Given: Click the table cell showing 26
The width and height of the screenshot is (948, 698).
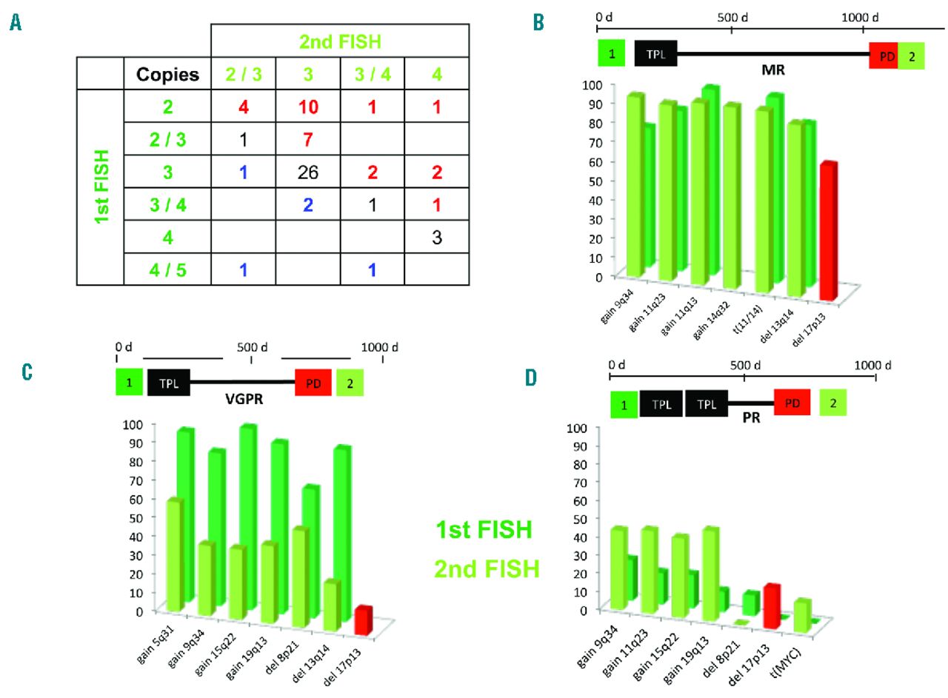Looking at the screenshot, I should (x=308, y=172).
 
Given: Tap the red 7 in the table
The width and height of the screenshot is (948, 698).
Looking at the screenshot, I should (x=308, y=138).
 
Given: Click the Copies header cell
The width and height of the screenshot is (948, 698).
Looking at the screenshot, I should (x=167, y=75).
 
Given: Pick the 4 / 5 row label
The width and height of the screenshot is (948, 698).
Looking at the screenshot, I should (x=167, y=270).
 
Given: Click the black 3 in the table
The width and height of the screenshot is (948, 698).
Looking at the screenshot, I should (x=437, y=237).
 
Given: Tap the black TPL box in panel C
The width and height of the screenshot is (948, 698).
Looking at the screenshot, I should (x=169, y=383).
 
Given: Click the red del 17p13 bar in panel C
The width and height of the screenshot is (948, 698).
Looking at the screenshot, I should (x=364, y=619).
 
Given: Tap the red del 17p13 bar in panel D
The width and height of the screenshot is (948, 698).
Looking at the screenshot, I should (x=772, y=605).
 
